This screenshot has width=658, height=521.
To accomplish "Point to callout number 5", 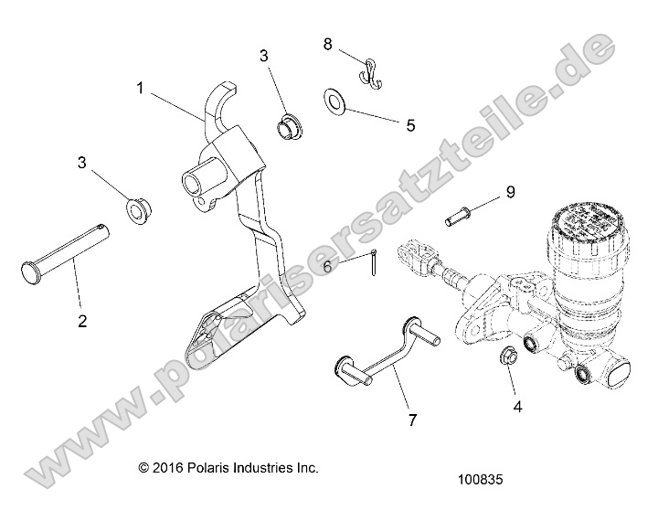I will click(410, 125).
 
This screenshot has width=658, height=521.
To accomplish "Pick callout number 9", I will click(511, 192).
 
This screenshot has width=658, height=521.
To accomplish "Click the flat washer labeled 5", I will click(334, 101).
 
